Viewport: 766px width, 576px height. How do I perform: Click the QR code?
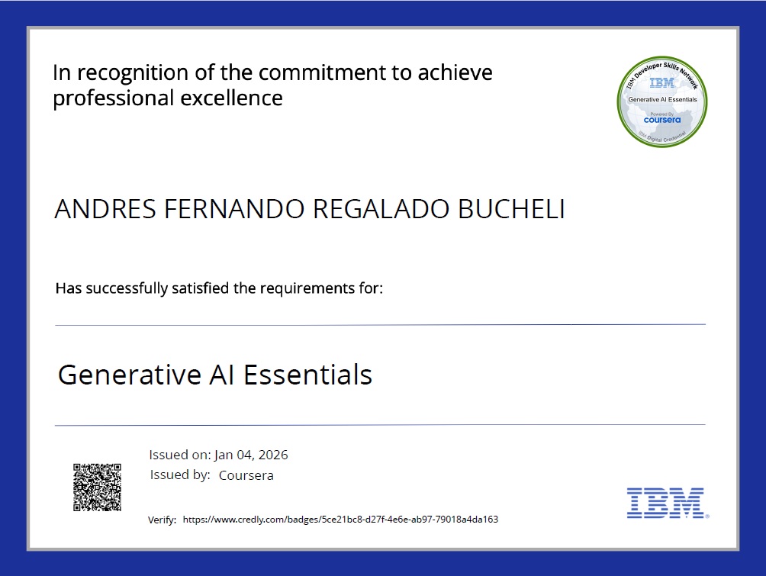tap(97, 487)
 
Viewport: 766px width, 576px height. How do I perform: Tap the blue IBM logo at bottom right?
tap(665, 503)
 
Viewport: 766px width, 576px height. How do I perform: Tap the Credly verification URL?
tap(340, 520)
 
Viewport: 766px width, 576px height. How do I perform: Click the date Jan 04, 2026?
tap(251, 455)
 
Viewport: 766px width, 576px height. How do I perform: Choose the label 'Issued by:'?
tap(180, 475)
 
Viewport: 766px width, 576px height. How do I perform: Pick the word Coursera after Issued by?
tap(246, 475)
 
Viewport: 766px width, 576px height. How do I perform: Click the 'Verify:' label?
tap(162, 520)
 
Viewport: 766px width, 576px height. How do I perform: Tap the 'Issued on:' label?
tap(180, 455)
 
